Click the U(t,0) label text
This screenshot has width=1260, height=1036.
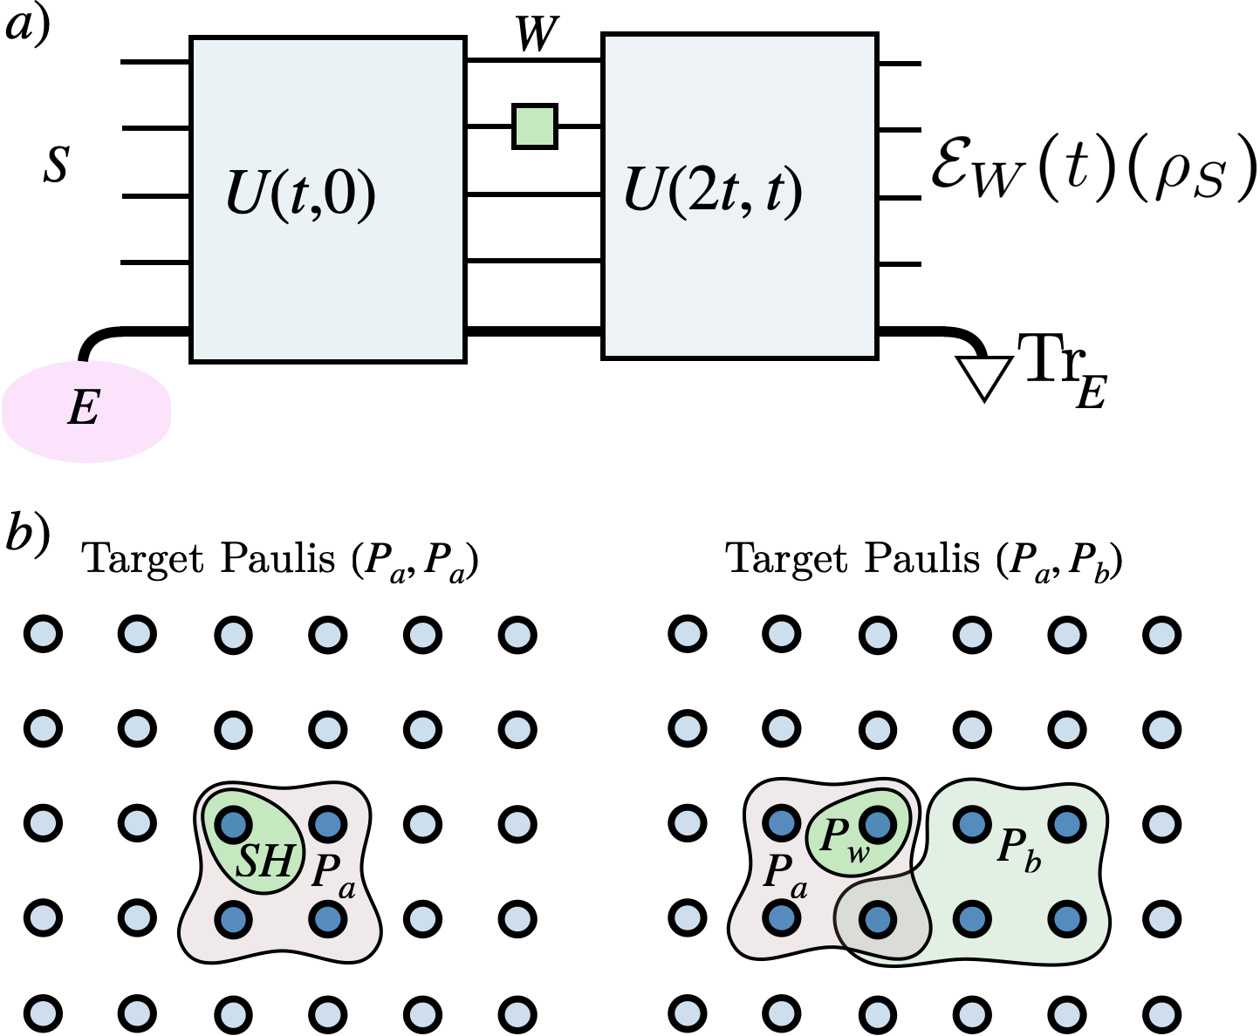(x=300, y=193)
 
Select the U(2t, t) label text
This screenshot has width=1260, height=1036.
(x=712, y=189)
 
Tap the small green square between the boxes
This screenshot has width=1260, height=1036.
(x=535, y=126)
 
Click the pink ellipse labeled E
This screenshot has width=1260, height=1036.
(x=86, y=411)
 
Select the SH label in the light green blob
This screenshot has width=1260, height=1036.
(x=265, y=862)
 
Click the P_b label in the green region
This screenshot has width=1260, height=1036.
(x=1018, y=849)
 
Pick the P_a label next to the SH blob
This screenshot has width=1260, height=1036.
(x=332, y=873)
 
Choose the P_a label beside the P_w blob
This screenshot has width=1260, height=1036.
(x=784, y=872)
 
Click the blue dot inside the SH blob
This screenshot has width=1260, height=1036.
(x=233, y=823)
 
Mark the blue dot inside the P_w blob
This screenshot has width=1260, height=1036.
(x=878, y=823)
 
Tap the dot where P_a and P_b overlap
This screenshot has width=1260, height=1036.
(x=877, y=918)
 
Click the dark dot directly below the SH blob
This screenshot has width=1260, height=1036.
(x=233, y=918)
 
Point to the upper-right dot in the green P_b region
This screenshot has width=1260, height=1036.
(x=1066, y=823)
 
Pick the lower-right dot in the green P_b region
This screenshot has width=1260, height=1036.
(x=1066, y=918)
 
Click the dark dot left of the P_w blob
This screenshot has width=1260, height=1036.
(x=781, y=823)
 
